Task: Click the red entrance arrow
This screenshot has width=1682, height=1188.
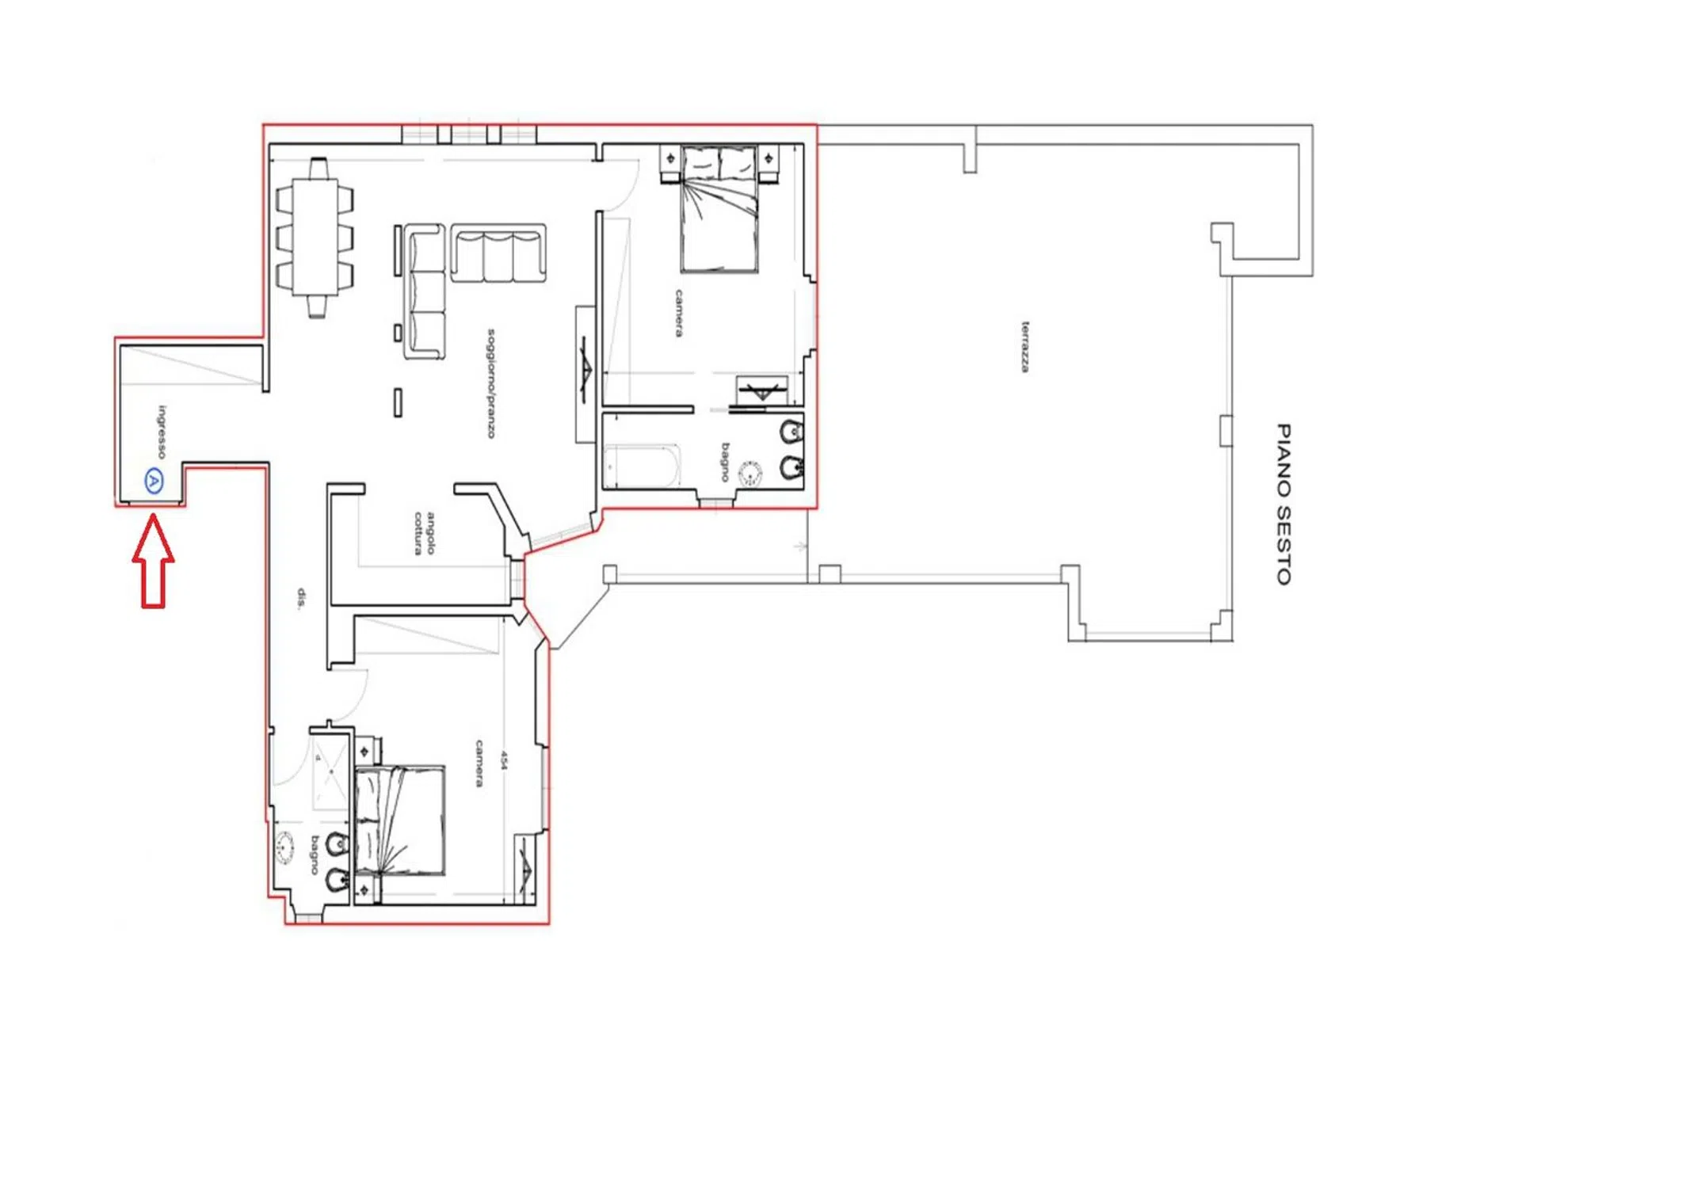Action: (153, 562)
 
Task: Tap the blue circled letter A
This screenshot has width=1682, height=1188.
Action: (154, 481)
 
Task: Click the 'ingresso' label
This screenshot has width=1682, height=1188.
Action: (162, 432)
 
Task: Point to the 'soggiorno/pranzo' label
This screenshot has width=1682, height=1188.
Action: (491, 383)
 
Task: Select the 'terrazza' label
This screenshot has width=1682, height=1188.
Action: (1025, 347)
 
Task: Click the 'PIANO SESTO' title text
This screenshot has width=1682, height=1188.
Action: (1283, 505)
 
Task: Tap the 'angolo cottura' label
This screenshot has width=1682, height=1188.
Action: (425, 533)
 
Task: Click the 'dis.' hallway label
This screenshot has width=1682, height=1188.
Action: (301, 599)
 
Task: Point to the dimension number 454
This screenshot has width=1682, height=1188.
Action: (503, 760)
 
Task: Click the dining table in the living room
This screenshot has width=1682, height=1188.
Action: (316, 238)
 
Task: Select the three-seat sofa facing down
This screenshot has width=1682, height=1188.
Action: (498, 253)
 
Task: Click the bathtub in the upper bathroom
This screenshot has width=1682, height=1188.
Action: (642, 466)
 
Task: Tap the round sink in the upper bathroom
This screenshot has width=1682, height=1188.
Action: (749, 474)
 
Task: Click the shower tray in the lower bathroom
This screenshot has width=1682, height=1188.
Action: (330, 773)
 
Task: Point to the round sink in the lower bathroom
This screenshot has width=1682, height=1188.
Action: (284, 847)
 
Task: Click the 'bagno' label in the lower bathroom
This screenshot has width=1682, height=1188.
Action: (315, 855)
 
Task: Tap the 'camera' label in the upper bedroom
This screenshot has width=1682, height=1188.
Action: (679, 313)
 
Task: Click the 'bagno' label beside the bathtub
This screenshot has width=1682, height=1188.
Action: (725, 462)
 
